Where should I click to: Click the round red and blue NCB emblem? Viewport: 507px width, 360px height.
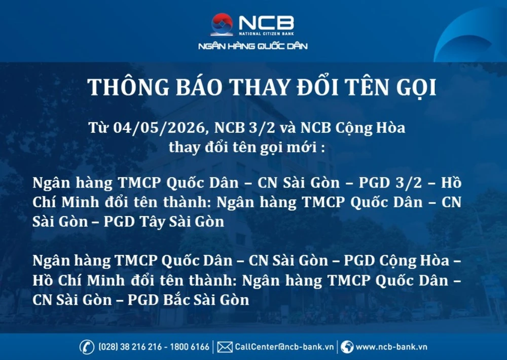point(222,24)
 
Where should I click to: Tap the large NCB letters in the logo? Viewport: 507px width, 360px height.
point(266,22)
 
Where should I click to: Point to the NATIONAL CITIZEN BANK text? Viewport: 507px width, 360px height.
point(266,34)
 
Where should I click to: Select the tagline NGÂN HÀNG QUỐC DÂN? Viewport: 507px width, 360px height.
point(253,47)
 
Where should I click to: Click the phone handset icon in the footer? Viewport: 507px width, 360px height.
point(87,347)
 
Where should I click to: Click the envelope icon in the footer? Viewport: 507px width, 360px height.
point(225,347)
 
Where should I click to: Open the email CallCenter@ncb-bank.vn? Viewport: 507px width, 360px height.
point(284,347)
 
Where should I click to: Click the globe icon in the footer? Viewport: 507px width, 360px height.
point(347,347)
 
